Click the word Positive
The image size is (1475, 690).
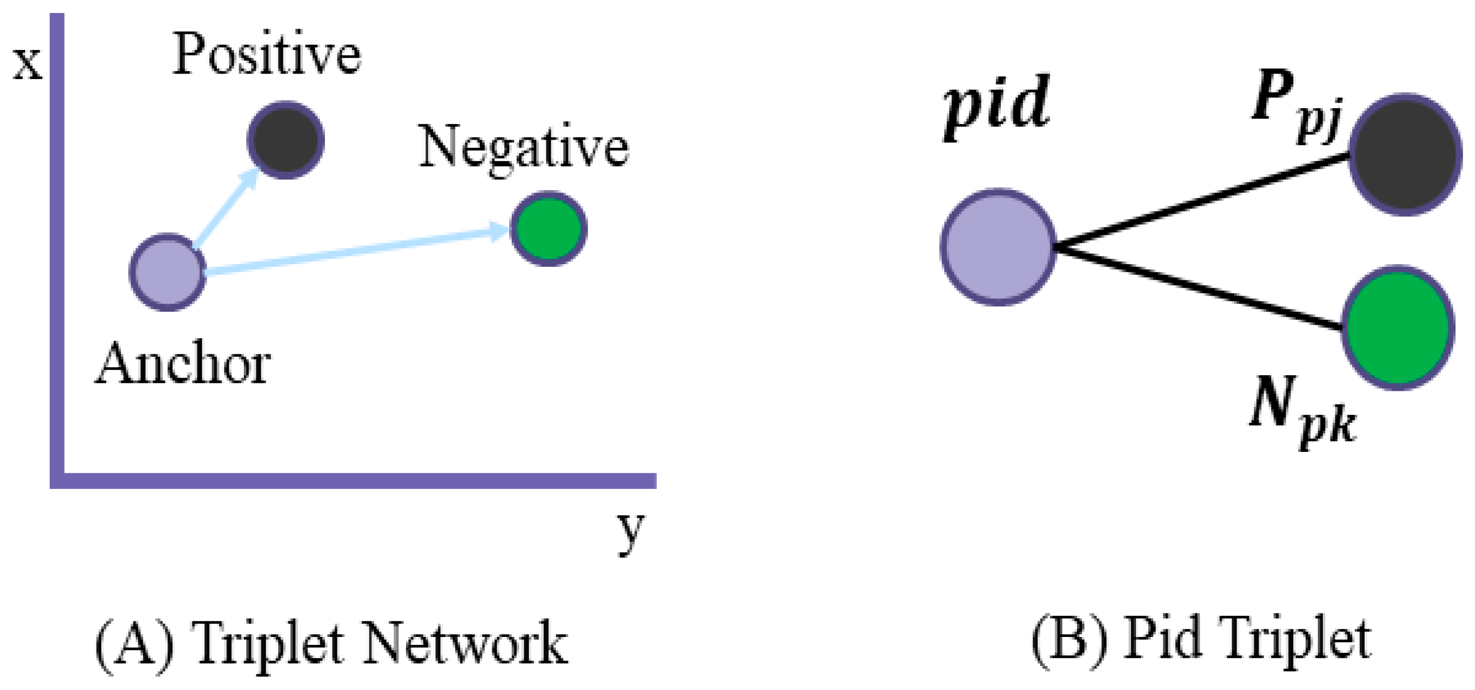point(267,55)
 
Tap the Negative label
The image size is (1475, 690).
point(524,148)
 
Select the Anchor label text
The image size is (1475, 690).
point(183,364)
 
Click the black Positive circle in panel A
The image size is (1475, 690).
point(286,140)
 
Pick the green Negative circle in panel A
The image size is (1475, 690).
point(549,228)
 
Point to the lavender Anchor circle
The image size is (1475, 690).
point(168,272)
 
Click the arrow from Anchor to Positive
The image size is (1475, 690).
point(227,208)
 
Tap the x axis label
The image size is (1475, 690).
point(28,64)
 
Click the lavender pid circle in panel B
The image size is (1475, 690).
point(998,248)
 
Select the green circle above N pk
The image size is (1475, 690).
point(1399,328)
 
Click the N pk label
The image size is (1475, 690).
point(1303,410)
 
